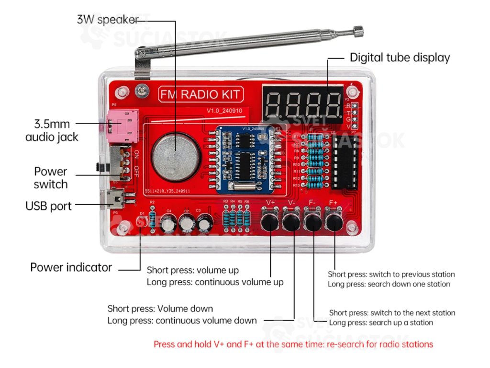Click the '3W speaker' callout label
pos(108,20)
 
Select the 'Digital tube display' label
pos(400,58)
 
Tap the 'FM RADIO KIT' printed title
pos(200,94)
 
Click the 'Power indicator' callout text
pos(71,267)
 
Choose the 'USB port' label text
pos(48,207)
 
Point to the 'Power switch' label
pos(51,178)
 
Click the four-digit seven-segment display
pos(302,103)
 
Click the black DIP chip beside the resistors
pos(345,161)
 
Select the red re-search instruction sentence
pos(293,344)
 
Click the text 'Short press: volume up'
pos(192,270)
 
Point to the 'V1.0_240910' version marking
pos(224,111)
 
